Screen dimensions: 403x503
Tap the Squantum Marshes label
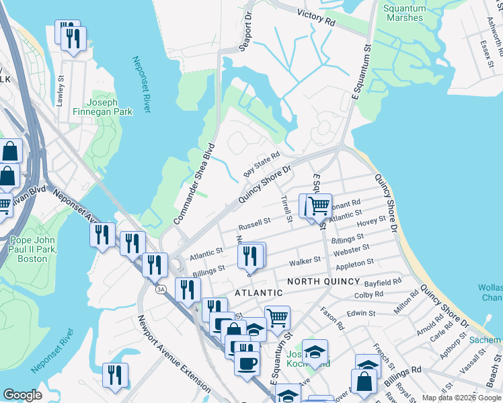pos(404,13)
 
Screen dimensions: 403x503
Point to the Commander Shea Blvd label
pos(194,183)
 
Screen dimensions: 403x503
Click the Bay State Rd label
pos(261,165)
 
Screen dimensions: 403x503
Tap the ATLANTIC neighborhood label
pos(259,294)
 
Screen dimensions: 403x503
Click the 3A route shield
pos(161,289)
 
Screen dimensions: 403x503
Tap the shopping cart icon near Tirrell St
pos(319,205)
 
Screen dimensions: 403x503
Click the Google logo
pos(22,395)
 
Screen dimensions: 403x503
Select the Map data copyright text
pos(462,398)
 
